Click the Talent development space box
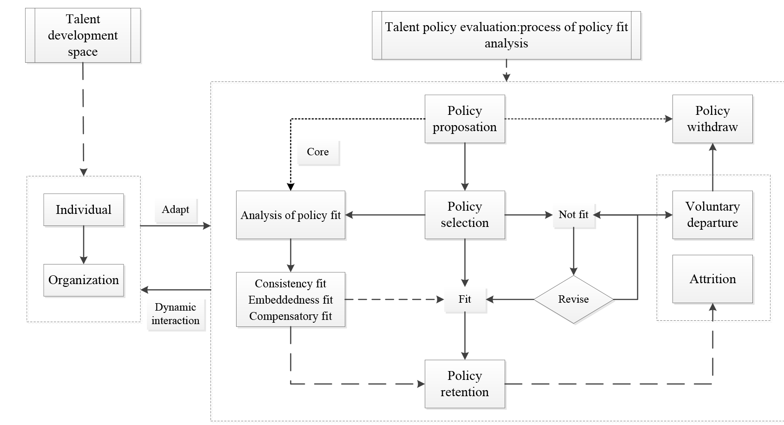point(83,35)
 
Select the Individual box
point(84,210)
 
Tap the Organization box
point(84,280)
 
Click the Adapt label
point(175,210)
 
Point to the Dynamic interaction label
point(176,314)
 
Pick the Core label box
point(318,152)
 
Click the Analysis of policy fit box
point(290,215)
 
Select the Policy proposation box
point(465,119)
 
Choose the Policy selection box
point(465,215)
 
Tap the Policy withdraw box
point(712,119)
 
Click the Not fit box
point(573,215)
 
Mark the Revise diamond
point(573,299)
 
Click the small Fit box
point(465,299)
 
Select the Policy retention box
point(465,384)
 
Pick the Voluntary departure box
point(712,215)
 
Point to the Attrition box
point(712,279)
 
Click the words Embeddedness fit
point(290,300)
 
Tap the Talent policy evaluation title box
point(506,35)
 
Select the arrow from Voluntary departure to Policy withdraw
point(712,167)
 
